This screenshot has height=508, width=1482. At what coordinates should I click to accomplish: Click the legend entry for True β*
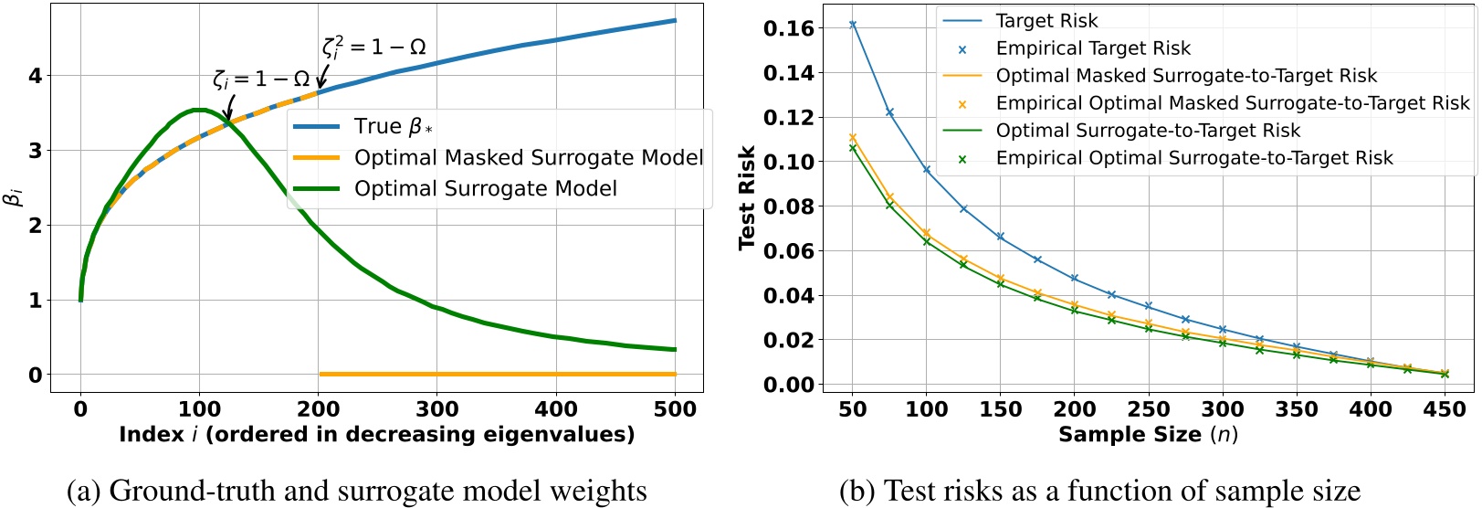tap(393, 127)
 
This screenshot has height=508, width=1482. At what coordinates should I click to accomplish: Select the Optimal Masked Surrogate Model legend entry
tap(528, 158)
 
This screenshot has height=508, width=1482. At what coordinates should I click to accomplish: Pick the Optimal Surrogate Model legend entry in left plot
tap(485, 189)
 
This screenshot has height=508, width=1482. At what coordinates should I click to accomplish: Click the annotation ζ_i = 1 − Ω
tap(261, 79)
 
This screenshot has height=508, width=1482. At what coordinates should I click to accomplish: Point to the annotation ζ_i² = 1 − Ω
tap(373, 47)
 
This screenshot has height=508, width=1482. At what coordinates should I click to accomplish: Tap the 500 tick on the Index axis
tap(676, 408)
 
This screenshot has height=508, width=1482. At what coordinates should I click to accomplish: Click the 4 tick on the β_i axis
tap(36, 76)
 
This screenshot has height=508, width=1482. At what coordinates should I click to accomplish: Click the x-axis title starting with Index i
tap(376, 435)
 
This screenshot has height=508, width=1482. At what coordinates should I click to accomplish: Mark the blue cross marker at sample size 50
tap(853, 25)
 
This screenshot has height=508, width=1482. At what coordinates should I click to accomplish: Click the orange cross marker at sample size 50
tap(853, 138)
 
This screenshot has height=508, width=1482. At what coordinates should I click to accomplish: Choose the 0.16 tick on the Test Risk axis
tap(788, 28)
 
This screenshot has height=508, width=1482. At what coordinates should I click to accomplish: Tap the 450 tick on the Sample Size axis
tap(1445, 409)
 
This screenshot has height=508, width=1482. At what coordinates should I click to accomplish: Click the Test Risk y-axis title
tap(747, 196)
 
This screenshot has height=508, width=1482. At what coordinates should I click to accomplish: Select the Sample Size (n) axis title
tap(1148, 435)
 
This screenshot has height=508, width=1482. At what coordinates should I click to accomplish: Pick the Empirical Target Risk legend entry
tap(1092, 48)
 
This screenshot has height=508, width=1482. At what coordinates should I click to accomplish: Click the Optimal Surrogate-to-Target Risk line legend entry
tap(1147, 131)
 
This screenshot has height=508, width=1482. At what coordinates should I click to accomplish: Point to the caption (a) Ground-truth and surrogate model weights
tap(357, 491)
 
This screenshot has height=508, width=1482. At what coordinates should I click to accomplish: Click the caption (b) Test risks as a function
tap(1099, 491)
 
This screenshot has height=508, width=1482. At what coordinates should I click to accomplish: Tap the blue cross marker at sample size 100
tap(927, 170)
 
